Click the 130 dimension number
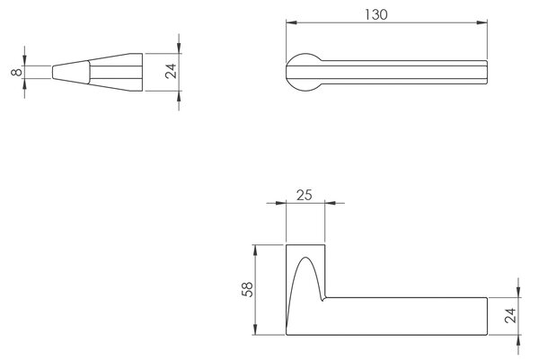(376, 14)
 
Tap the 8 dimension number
(16, 72)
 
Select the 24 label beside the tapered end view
(171, 71)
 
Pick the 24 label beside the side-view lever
(510, 315)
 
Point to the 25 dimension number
(305, 195)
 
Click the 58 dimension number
(247, 289)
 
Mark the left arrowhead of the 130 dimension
(291, 22)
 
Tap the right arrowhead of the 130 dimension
(482, 22)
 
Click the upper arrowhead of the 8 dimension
(24, 60)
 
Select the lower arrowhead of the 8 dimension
(24, 84)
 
